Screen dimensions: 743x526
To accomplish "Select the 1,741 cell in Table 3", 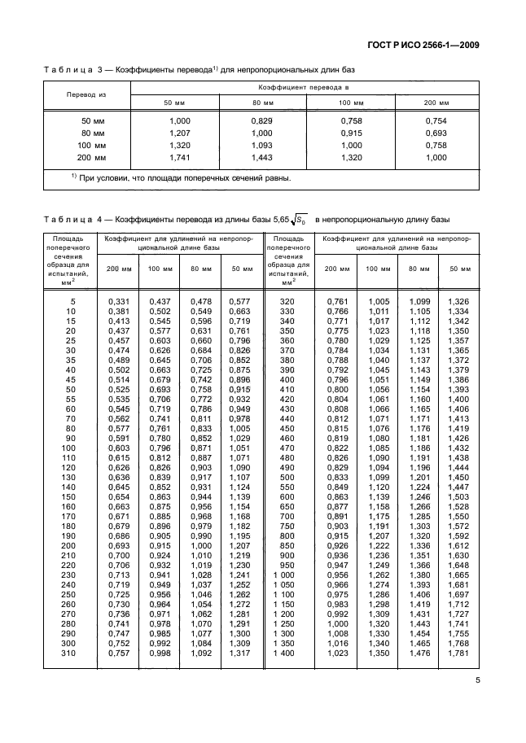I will (x=178, y=157).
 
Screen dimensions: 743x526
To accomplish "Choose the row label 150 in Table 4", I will (x=70, y=496).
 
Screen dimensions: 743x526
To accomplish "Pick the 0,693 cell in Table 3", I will (x=436, y=133).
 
